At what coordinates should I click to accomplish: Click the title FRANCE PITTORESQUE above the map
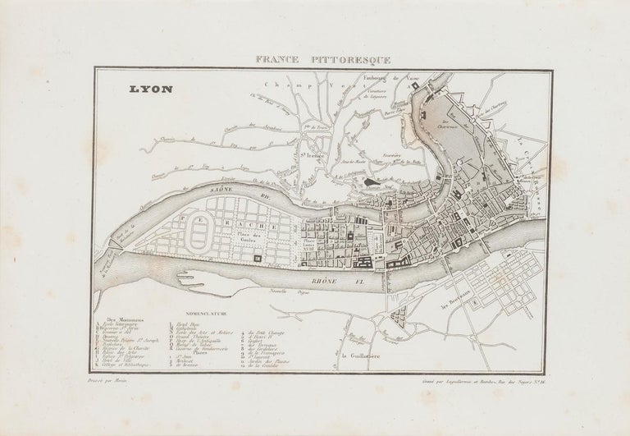point(314,58)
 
